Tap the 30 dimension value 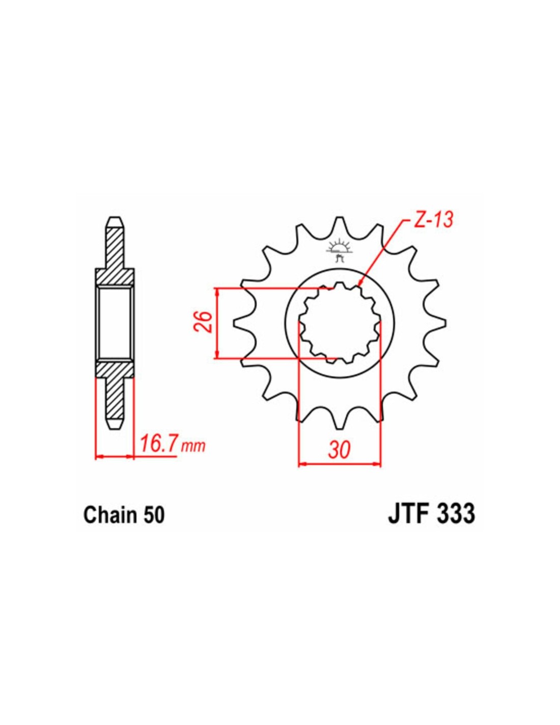pyautogui.click(x=340, y=451)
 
